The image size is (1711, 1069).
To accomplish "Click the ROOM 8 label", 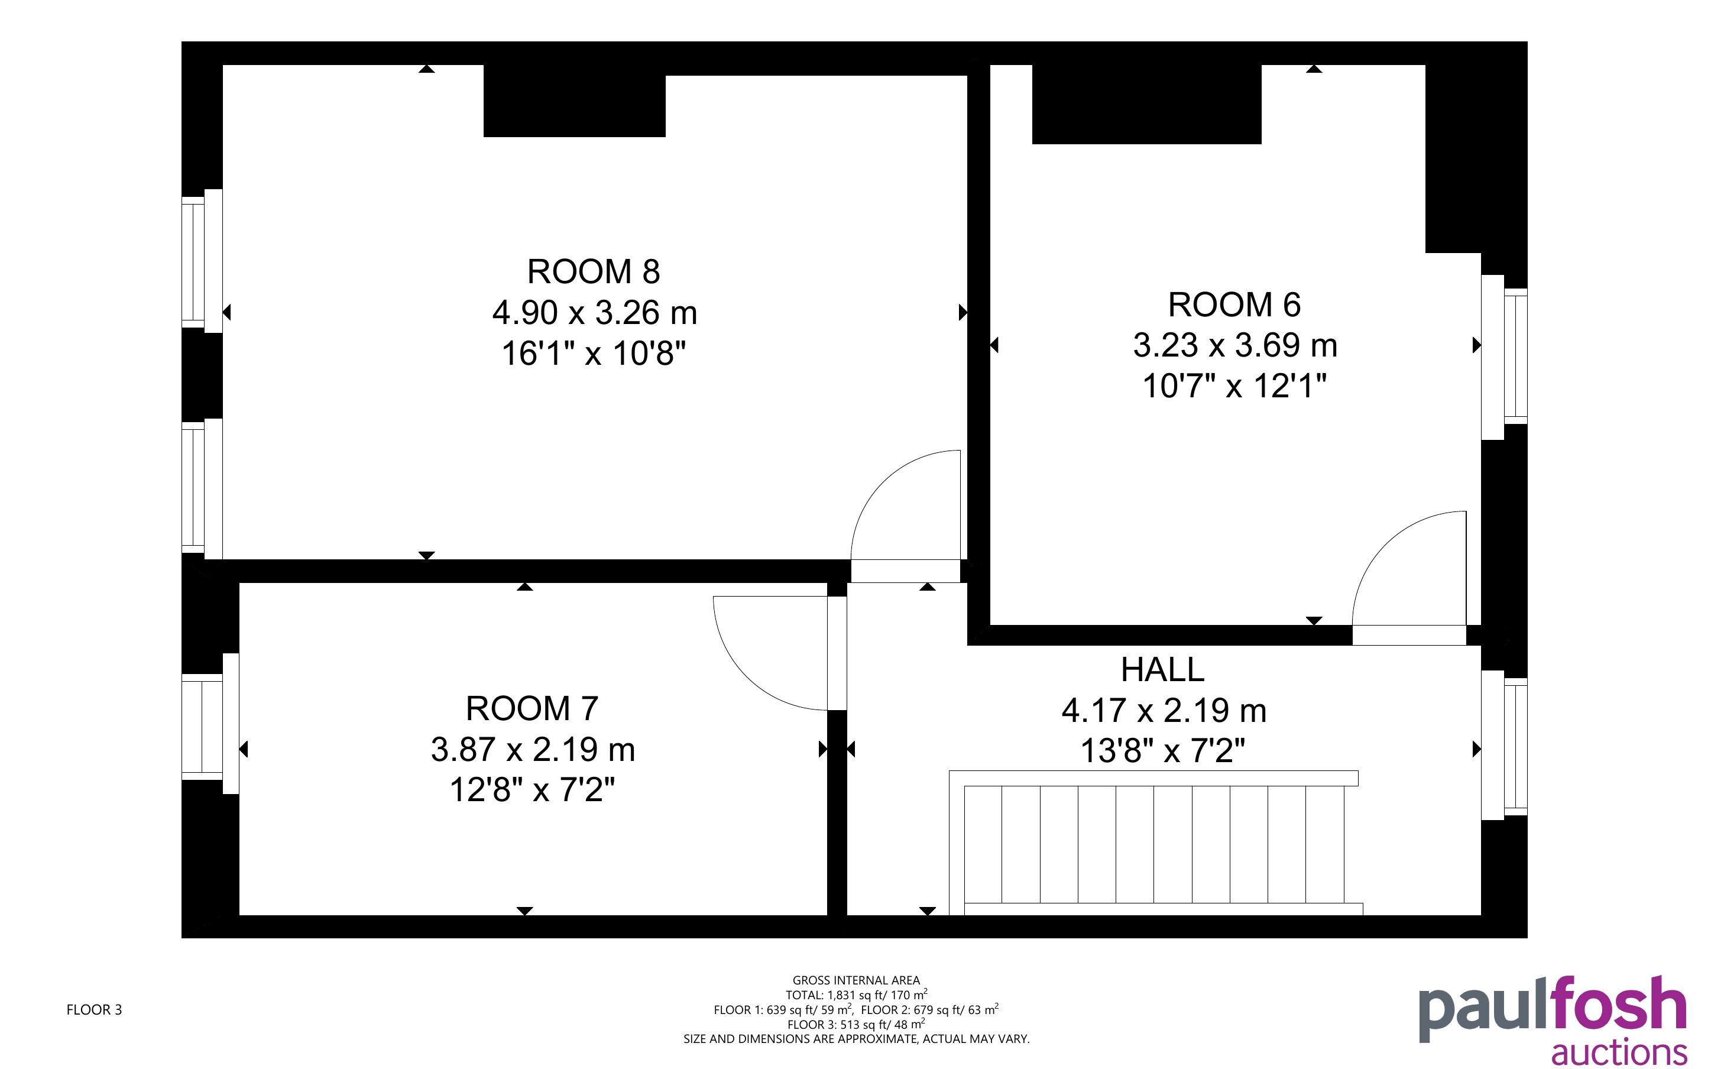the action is pyautogui.click(x=594, y=271).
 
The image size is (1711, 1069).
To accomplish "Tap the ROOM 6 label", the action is pyautogui.click(x=1234, y=304).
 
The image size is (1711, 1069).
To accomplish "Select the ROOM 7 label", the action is pyautogui.click(x=532, y=708).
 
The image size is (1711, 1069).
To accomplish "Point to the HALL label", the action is pyautogui.click(x=1162, y=669).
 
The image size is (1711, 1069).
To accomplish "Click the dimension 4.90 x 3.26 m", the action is pyautogui.click(x=594, y=313).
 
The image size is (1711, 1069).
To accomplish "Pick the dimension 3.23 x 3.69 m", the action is pyautogui.click(x=1234, y=346).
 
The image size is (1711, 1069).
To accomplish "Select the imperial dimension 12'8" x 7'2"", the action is pyautogui.click(x=532, y=790).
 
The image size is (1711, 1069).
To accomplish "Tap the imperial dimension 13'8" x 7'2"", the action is pyautogui.click(x=1162, y=751).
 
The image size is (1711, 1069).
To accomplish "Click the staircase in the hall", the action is pyautogui.click(x=1155, y=843).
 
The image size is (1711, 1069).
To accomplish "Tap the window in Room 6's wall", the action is pyautogui.click(x=1504, y=357).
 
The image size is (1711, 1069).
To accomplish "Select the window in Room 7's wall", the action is pyautogui.click(x=210, y=724).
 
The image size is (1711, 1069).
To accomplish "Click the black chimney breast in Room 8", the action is pyautogui.click(x=575, y=101).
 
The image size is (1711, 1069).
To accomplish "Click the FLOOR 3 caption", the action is pyautogui.click(x=94, y=1010).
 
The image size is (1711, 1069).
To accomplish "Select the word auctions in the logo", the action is pyautogui.click(x=1618, y=1051).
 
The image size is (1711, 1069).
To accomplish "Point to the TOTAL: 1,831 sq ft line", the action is pyautogui.click(x=856, y=995).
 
